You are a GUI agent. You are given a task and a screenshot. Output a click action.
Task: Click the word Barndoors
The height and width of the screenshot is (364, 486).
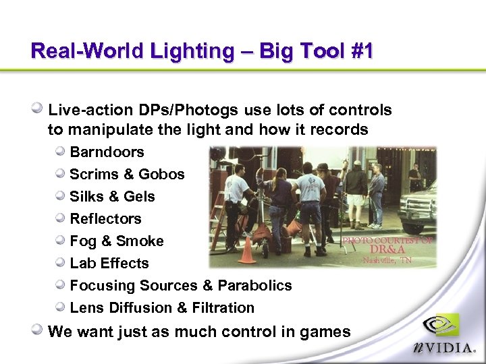107,152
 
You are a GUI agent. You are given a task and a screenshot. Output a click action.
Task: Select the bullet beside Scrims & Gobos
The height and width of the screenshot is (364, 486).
61,174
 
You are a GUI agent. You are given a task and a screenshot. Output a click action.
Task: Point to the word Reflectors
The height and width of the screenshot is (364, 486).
105,219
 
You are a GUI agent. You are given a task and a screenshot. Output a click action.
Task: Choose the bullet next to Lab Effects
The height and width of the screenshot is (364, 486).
61,263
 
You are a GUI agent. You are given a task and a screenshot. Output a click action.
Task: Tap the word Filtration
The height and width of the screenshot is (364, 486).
221,308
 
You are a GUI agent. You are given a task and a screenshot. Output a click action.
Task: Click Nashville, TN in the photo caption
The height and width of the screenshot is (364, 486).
387,260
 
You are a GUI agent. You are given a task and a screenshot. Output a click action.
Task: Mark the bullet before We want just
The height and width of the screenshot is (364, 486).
38,330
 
